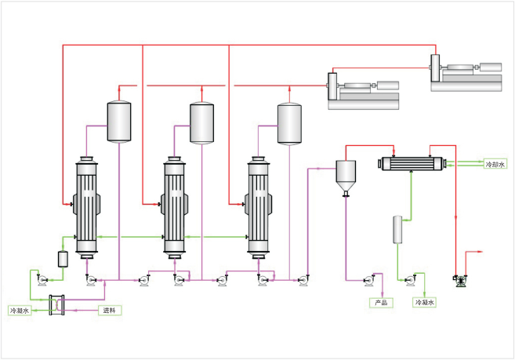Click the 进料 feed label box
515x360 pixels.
110,310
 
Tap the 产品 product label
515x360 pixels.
381,303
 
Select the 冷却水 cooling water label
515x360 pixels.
495,164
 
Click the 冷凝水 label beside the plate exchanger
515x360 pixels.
20,311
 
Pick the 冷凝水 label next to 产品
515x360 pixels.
424,303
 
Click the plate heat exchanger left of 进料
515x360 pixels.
56,305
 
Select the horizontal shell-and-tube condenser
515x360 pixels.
412,163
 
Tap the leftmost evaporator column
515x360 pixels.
87,208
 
